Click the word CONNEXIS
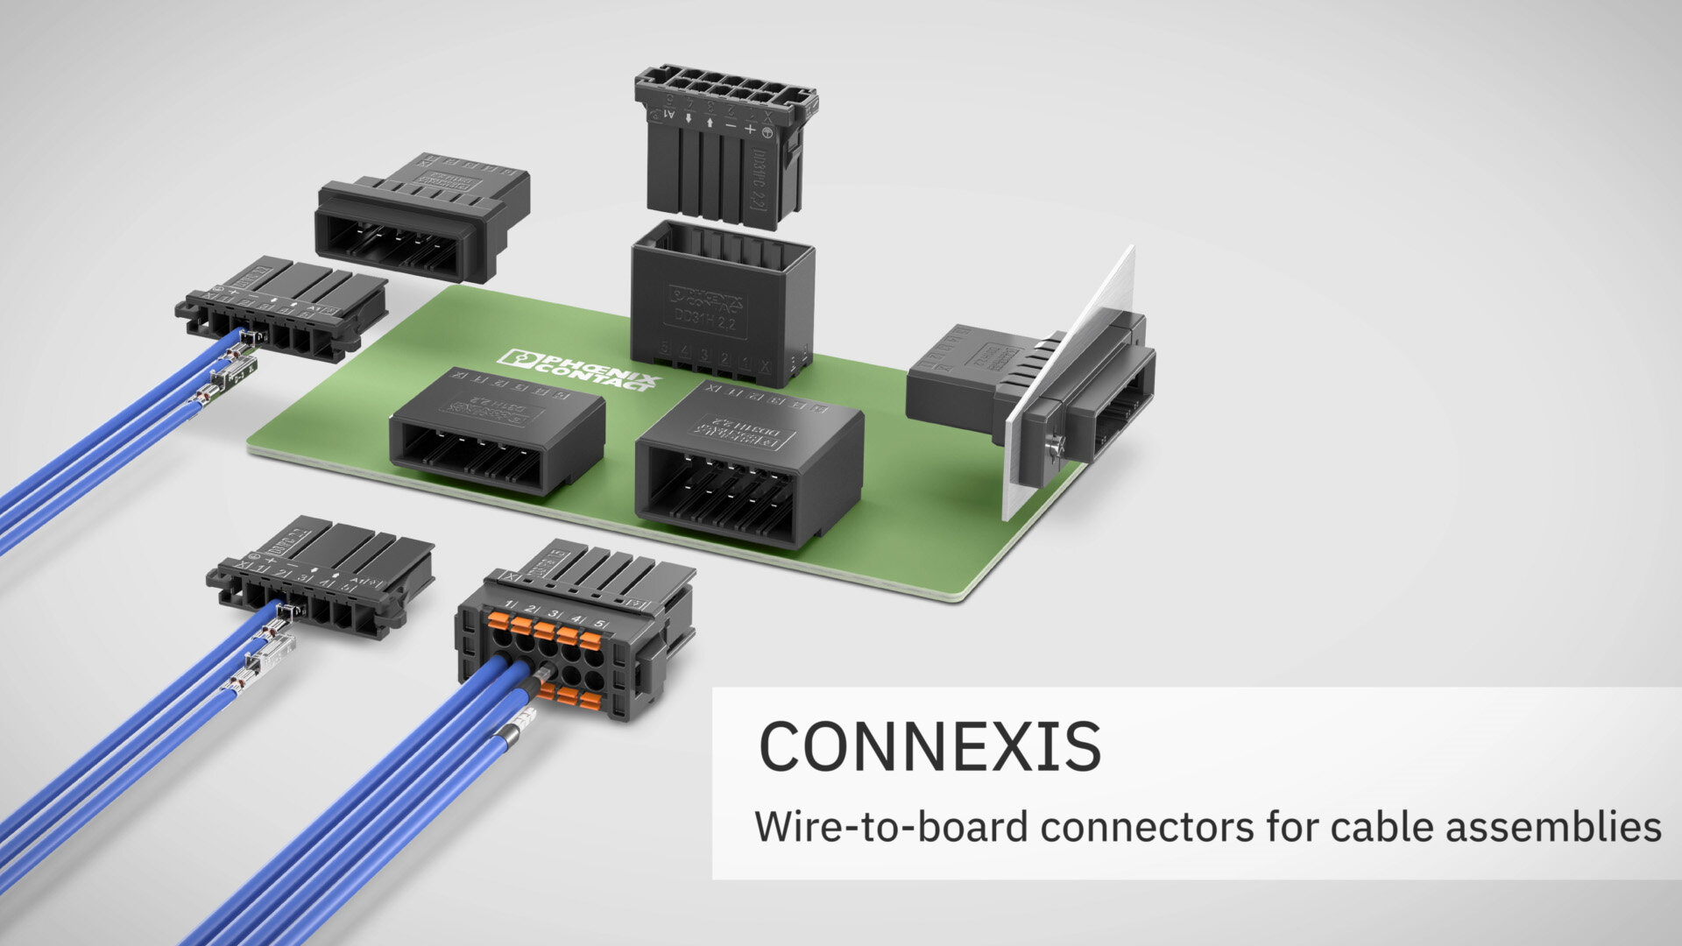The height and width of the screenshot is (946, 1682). [929, 746]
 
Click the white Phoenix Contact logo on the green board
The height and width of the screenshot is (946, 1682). [579, 369]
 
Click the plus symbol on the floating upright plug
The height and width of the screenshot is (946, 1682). [750, 129]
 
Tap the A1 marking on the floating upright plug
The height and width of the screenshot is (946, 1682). [669, 114]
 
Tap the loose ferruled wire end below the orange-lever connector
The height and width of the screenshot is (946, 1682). [518, 726]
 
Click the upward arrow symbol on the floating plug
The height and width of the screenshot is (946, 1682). [709, 122]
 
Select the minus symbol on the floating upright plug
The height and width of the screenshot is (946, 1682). [731, 125]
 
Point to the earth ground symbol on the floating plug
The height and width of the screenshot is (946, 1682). [768, 132]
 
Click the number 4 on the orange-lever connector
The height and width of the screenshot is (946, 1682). [576, 618]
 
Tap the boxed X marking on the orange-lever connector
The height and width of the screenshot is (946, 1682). [507, 575]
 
